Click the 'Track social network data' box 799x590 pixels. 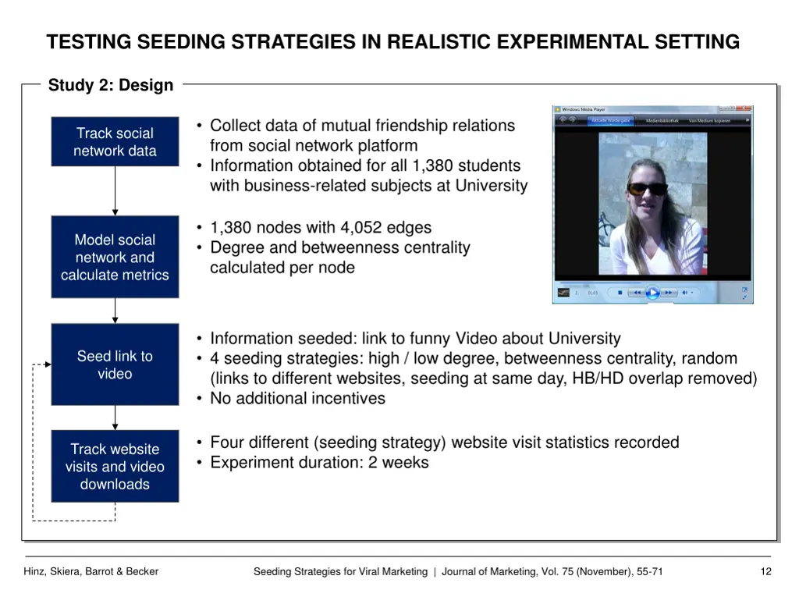pos(115,141)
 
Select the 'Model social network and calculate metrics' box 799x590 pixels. pos(115,257)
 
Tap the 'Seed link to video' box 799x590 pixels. pos(115,364)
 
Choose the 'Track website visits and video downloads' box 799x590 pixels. pos(115,466)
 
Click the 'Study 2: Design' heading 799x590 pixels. pos(111,85)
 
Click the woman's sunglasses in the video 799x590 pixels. pos(647,188)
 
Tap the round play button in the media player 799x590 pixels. pos(652,293)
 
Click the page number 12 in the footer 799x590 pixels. pos(765,571)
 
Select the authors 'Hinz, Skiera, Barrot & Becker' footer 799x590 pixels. pos(91,571)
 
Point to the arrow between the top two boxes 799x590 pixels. pos(115,191)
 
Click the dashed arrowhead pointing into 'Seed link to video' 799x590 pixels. pos(48,364)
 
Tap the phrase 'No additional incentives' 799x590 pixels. pos(297,398)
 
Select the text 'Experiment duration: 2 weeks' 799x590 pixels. pos(319,462)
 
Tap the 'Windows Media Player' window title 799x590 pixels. pos(583,109)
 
